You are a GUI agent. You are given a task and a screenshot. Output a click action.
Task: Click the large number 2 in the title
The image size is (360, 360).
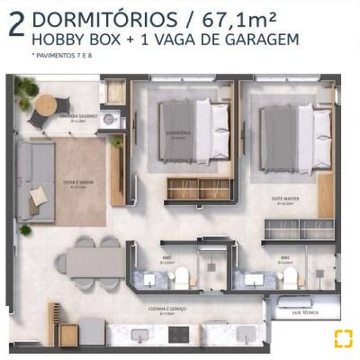click(x=15, y=24)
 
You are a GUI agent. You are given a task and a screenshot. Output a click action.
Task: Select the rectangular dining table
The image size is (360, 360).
click(x=96, y=262)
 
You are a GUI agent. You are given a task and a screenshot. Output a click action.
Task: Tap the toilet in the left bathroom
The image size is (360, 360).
click(x=181, y=275)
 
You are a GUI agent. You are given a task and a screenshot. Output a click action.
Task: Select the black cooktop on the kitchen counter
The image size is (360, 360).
click(x=179, y=334)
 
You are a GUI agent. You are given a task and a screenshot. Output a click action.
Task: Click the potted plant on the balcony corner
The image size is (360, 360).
click(x=24, y=89)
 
